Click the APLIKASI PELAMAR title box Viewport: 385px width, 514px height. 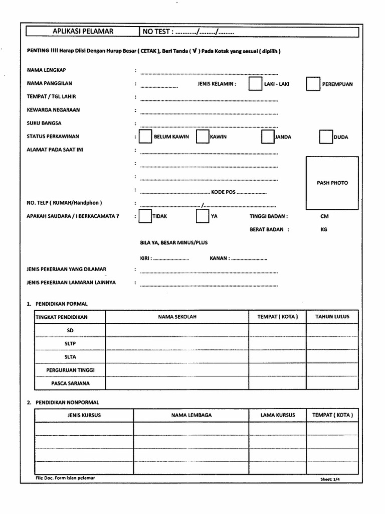click(83, 32)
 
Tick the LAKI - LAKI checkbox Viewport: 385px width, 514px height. click(255, 84)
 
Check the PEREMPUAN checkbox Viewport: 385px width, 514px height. click(313, 84)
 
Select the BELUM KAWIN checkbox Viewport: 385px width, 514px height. click(145, 137)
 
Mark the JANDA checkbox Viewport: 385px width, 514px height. click(268, 137)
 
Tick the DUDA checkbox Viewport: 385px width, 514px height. click(325, 137)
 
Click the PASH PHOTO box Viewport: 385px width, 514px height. click(332, 183)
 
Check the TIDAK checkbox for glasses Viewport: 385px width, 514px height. click(144, 216)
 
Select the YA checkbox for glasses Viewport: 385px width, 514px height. click(202, 216)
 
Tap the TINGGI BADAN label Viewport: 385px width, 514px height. click(268, 216)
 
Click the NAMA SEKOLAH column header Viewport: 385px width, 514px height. click(177, 317)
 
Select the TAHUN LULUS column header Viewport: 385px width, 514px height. click(332, 317)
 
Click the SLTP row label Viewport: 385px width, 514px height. click(70, 344)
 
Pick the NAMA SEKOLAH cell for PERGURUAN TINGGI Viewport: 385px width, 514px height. click(177, 370)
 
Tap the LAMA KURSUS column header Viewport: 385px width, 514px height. click(278, 415)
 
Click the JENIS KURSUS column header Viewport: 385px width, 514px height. click(84, 415)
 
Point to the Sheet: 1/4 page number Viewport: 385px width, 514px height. click(333, 479)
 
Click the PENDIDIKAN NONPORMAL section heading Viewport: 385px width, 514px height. click(67, 402)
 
